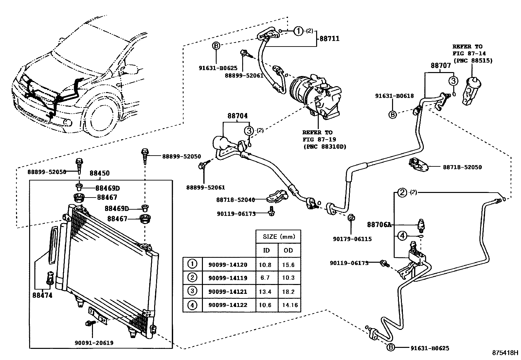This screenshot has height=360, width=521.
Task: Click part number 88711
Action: [x=330, y=39]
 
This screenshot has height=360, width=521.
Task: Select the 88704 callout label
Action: [x=238, y=116]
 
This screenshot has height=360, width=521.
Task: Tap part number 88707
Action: [x=441, y=66]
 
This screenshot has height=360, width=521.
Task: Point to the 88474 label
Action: [x=42, y=295]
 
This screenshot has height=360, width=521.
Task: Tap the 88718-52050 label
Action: [x=462, y=167]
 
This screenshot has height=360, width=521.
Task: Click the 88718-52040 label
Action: [x=235, y=199]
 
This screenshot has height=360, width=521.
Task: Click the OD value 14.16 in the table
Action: [x=290, y=305]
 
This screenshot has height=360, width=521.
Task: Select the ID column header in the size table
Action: [x=266, y=251]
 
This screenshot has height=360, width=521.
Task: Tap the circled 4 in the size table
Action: [x=192, y=305]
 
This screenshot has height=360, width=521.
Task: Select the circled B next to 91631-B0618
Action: [x=393, y=114]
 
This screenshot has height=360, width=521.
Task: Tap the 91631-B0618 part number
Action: [x=394, y=96]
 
